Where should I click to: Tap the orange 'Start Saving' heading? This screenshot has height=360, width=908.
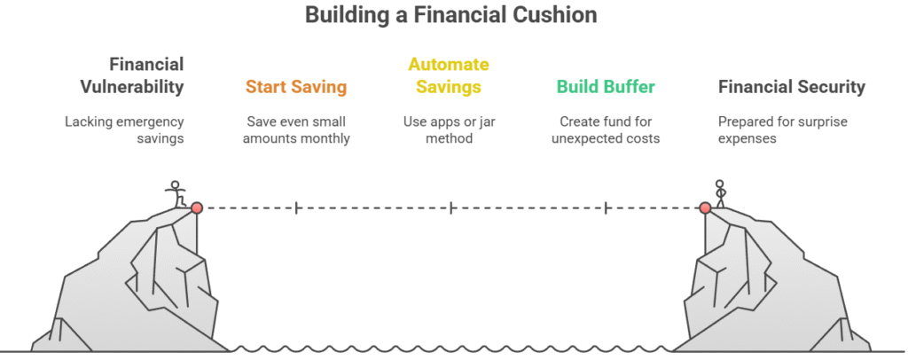296,87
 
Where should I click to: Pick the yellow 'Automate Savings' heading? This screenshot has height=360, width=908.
449,75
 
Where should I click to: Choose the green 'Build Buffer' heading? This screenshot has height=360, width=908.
607,87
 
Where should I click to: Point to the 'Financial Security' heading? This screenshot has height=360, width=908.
791,87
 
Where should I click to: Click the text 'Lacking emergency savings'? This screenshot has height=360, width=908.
124,129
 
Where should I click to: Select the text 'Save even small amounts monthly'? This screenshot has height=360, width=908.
296,129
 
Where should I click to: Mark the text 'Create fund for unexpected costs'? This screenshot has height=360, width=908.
607,129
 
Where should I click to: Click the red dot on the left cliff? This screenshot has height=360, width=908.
197,207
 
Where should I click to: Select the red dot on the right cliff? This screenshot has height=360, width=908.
705,207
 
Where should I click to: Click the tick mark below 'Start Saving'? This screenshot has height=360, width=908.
297,207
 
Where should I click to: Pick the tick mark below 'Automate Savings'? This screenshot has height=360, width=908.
451,207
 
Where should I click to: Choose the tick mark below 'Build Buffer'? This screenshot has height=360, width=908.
607,207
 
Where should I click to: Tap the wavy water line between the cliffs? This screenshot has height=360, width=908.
452,348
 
